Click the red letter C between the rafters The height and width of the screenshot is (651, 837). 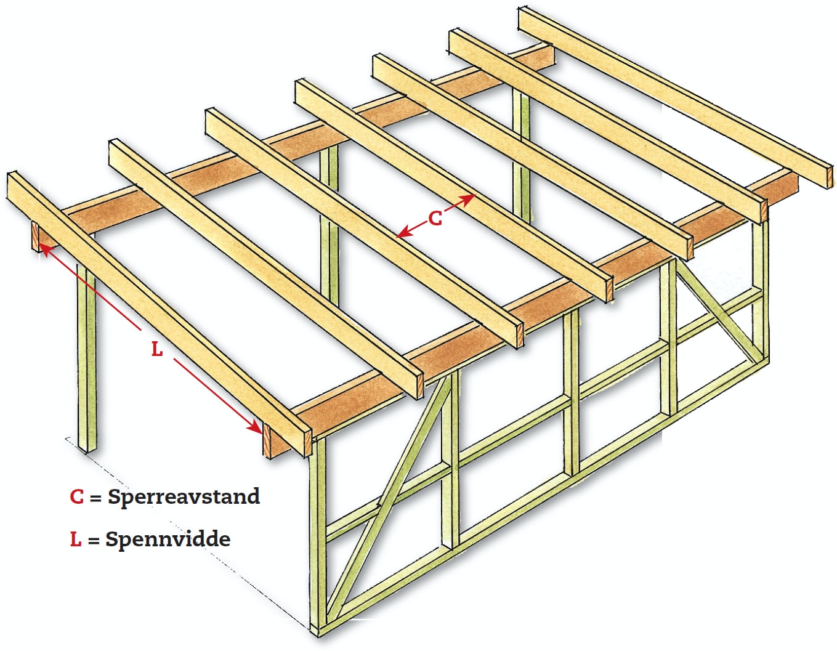tap(435, 218)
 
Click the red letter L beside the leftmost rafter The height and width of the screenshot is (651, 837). tap(157, 349)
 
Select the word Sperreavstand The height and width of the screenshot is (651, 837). tap(184, 496)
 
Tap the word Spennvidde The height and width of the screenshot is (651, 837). tap(168, 540)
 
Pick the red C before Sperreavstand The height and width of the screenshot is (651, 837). tap(76, 496)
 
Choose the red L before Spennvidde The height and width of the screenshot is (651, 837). tap(75, 540)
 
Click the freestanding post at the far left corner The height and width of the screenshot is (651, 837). tap(87, 357)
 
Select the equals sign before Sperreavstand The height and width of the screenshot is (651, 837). tap(95, 498)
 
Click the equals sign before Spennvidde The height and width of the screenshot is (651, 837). tap(94, 541)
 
